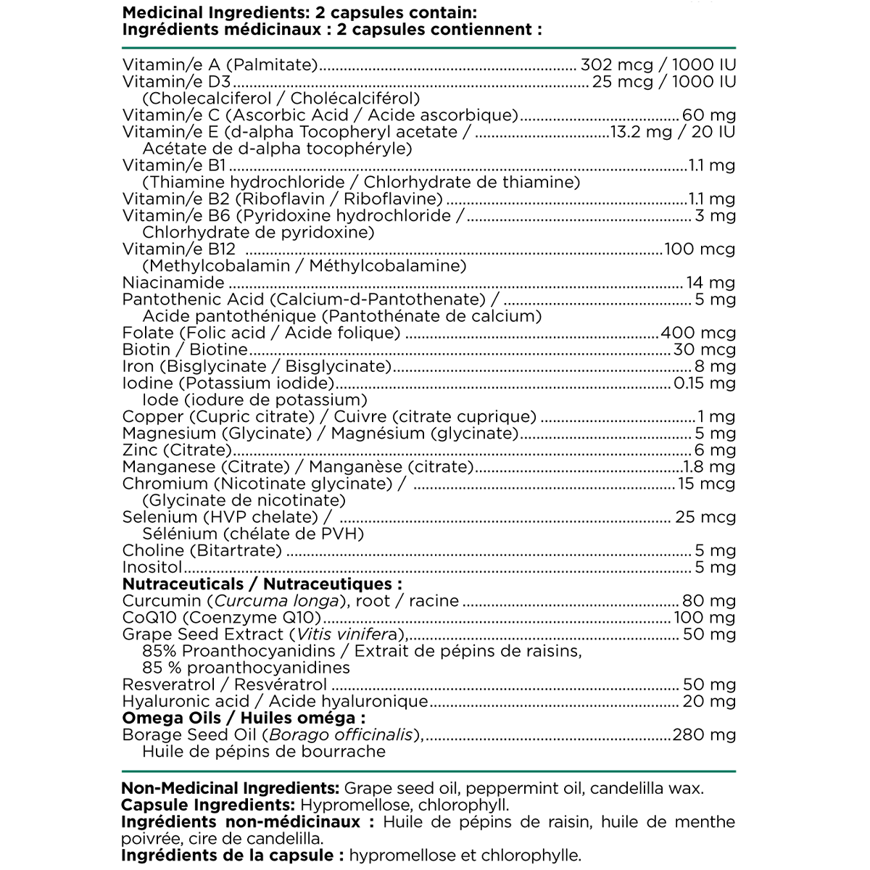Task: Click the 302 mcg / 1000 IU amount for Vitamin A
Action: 658,65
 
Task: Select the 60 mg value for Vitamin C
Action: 709,115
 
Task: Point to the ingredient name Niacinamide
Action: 173,283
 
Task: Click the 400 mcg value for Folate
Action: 698,333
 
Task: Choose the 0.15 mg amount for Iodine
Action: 705,383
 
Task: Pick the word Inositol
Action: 152,567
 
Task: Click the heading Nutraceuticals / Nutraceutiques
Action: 262,584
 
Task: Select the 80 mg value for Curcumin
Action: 709,600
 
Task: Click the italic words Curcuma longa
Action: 277,600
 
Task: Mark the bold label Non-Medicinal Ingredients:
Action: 231,789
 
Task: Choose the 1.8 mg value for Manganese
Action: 709,467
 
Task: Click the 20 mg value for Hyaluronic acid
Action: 709,701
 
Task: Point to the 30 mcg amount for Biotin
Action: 703,349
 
